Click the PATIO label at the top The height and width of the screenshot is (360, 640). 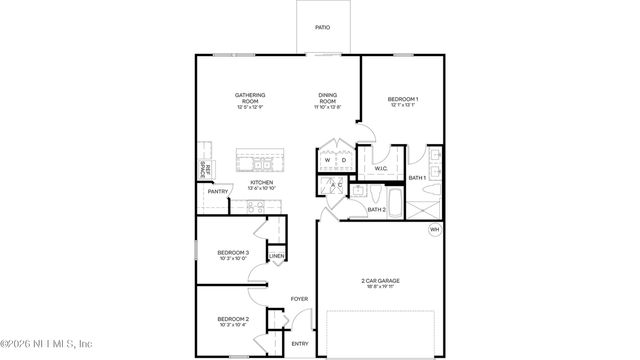(x=322, y=28)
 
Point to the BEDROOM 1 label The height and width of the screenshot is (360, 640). (x=402, y=100)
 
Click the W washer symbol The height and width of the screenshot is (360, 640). (x=327, y=160)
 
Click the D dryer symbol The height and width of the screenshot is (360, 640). (x=342, y=160)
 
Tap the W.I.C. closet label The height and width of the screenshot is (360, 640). (x=381, y=168)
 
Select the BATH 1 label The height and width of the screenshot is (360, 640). (x=417, y=178)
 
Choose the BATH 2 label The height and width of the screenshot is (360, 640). (x=376, y=210)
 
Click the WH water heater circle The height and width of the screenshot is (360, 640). (x=434, y=230)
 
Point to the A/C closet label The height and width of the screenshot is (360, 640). (x=337, y=185)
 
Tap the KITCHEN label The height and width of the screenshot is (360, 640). (x=247, y=182)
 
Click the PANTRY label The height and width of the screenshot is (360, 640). (x=204, y=191)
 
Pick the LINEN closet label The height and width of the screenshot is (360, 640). (x=277, y=257)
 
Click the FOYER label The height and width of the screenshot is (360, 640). (x=298, y=299)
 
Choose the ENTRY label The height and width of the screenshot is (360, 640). (x=300, y=343)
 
